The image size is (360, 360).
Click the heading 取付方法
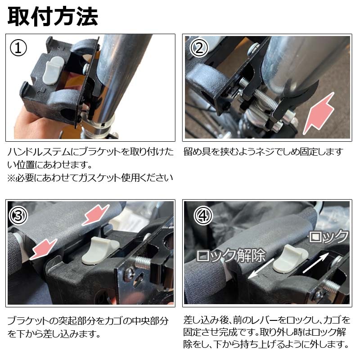[x=53, y=16]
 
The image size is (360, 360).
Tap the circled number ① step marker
[x=18, y=48]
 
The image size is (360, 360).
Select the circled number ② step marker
[x=199, y=48]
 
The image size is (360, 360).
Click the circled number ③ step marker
[x=18, y=216]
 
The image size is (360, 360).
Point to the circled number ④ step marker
[x=203, y=216]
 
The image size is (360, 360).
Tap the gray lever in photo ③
[x=100, y=251]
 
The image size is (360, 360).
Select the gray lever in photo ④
[x=290, y=259]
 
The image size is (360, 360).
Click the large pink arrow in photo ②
[x=319, y=113]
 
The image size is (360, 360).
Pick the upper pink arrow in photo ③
[x=95, y=215]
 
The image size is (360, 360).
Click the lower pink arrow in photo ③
[x=44, y=249]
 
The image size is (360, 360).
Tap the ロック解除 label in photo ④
[x=230, y=255]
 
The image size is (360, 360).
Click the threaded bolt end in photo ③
[x=142, y=263]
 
